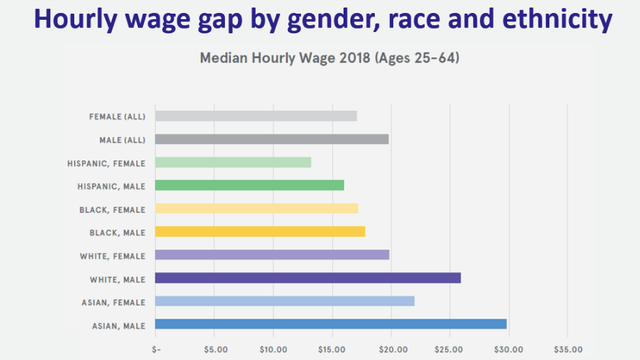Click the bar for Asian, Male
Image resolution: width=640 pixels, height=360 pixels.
(x=331, y=324)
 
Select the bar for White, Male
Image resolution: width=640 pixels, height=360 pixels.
(x=308, y=278)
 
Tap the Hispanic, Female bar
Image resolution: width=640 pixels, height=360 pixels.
(x=233, y=162)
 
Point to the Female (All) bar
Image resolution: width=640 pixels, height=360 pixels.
(x=256, y=116)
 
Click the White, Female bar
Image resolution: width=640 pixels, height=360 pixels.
(x=272, y=254)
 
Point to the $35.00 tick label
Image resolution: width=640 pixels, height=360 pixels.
(x=567, y=350)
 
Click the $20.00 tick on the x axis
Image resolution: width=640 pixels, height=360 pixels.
(x=391, y=350)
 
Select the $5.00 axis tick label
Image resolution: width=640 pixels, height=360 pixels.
(x=215, y=350)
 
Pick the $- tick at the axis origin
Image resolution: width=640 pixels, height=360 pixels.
(x=156, y=350)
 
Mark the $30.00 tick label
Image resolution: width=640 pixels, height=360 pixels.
(x=508, y=350)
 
